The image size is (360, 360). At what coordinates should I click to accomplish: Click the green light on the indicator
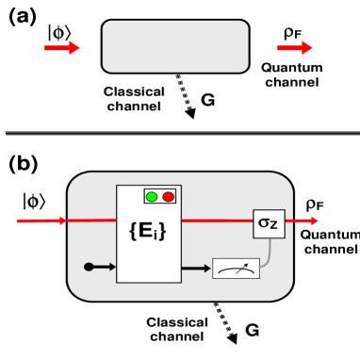(x=152, y=197)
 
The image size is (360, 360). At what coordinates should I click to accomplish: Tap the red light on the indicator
(x=168, y=197)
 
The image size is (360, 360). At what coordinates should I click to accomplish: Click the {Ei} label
(x=147, y=231)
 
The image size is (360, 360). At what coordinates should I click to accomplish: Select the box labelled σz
(x=269, y=223)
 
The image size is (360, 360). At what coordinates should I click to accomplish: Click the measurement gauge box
(x=236, y=269)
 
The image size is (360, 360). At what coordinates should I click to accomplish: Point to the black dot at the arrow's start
(x=89, y=267)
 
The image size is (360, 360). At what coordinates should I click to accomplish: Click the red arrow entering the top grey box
(x=62, y=48)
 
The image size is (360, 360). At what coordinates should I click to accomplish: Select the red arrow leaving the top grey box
(x=294, y=48)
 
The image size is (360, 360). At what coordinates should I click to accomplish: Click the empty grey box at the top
(x=175, y=46)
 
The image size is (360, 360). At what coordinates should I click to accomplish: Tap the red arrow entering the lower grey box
(x=41, y=221)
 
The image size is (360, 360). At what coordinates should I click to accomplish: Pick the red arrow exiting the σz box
(x=306, y=221)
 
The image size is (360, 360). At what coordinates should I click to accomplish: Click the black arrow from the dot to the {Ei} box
(x=104, y=267)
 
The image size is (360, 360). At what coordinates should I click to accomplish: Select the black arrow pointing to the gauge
(x=196, y=269)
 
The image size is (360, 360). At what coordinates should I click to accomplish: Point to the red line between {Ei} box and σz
(x=217, y=221)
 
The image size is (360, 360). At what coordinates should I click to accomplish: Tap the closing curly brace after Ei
(x=162, y=231)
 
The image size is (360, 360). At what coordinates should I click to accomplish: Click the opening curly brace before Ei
(x=133, y=231)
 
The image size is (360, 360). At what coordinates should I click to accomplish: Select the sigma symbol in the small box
(x=264, y=224)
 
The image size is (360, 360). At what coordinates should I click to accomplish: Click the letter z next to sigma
(x=274, y=225)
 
